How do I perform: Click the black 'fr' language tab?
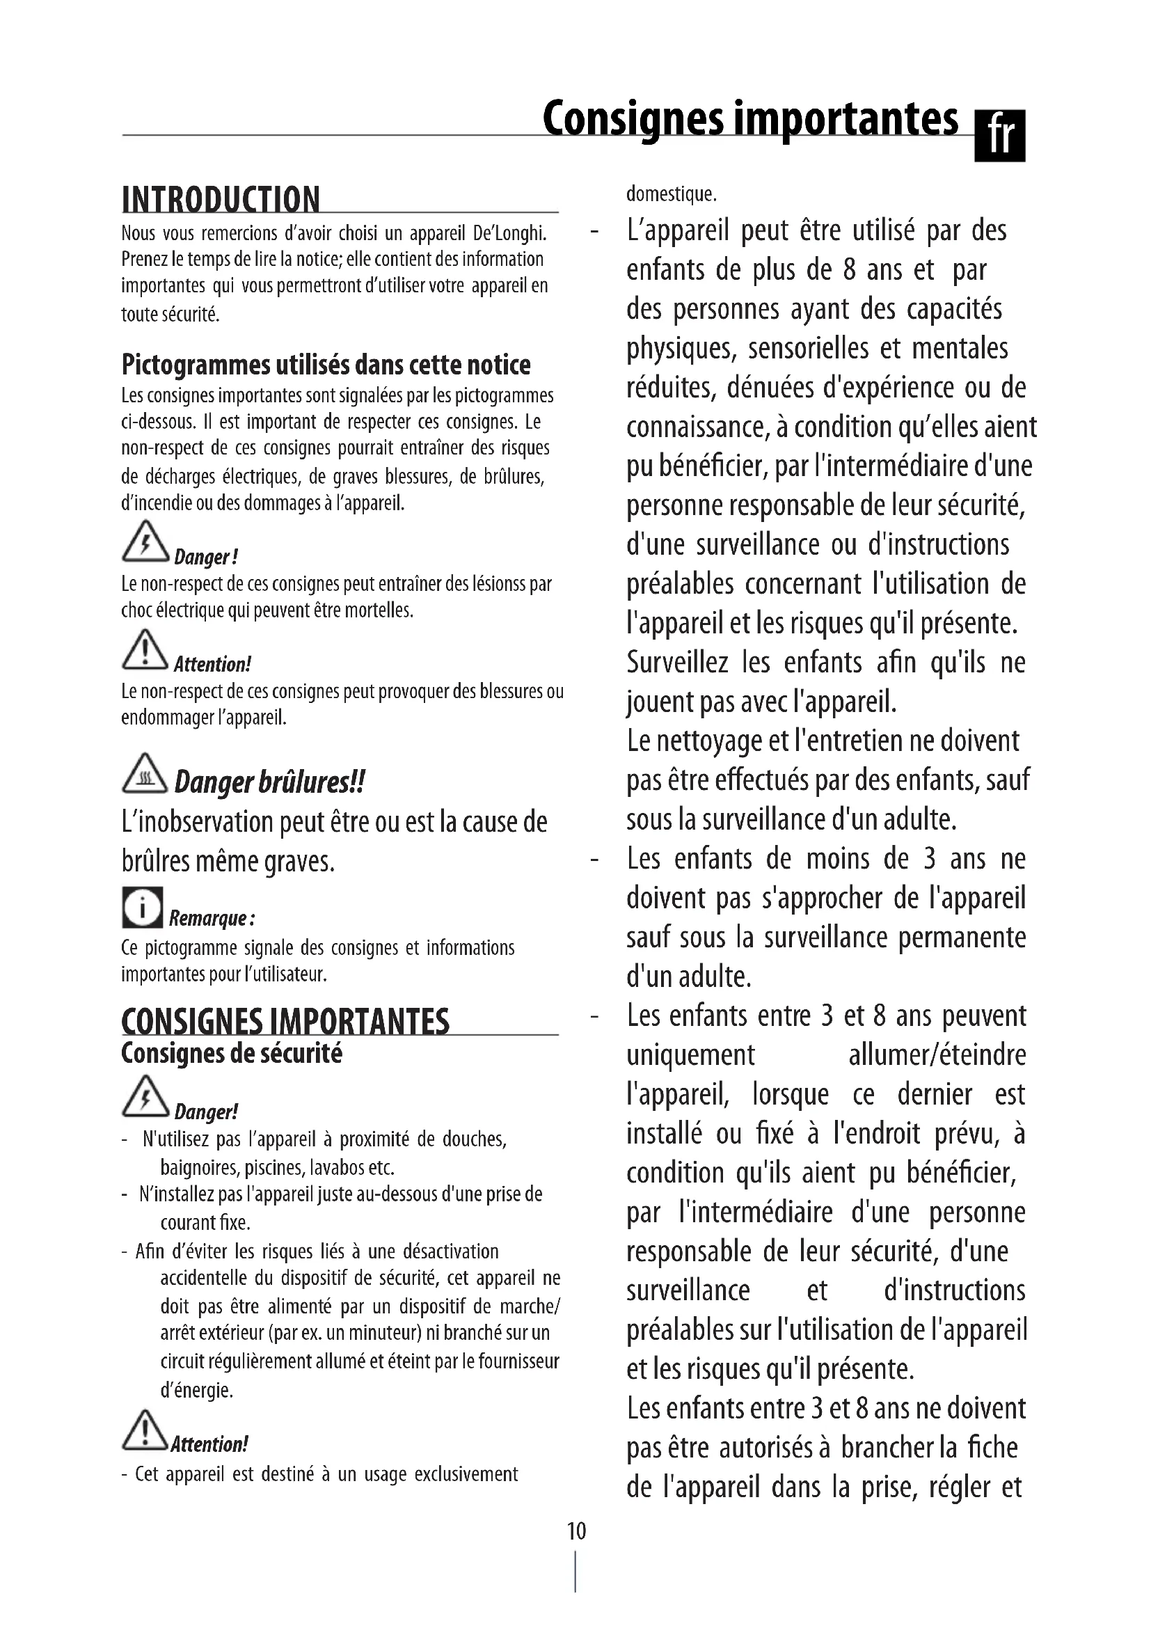point(999,136)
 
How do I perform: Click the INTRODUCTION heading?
point(221,200)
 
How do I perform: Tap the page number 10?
point(576,1531)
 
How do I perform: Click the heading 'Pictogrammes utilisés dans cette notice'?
point(326,365)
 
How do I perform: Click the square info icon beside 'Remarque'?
point(142,907)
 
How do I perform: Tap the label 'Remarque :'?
point(212,918)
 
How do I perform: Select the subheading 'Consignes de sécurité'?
point(232,1054)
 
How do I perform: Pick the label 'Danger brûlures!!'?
point(269,782)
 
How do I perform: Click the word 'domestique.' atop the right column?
point(671,193)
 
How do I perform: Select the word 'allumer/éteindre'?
point(937,1055)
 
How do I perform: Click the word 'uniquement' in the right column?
point(690,1055)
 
